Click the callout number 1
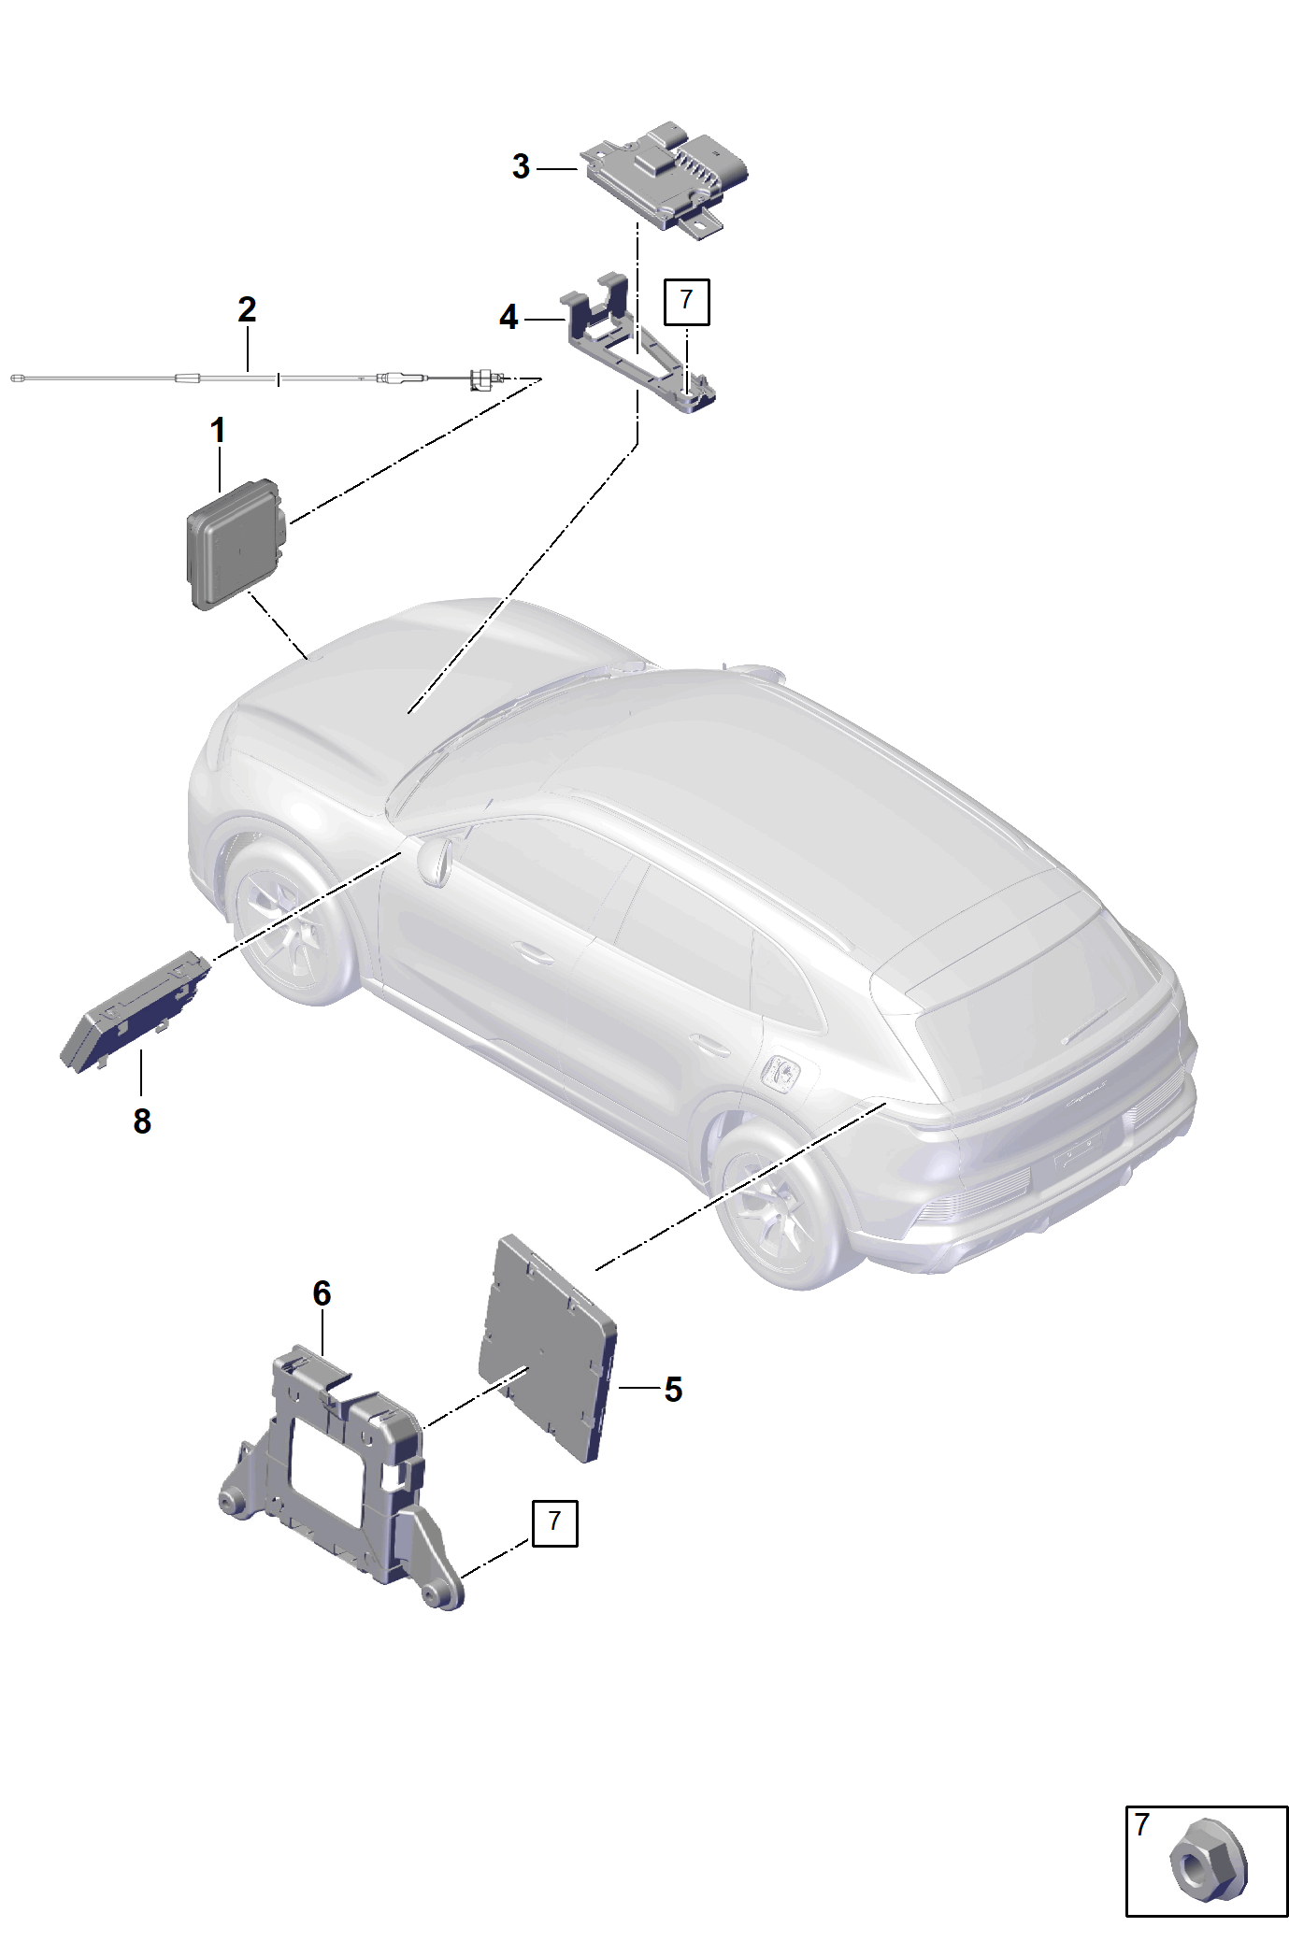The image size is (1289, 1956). point(218,431)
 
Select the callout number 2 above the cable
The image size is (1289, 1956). point(247,309)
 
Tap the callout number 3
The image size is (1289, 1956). point(521,166)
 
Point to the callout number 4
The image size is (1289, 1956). point(508,318)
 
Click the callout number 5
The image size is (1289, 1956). point(673,1390)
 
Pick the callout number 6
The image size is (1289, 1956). point(322,1293)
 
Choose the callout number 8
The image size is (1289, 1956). point(142,1121)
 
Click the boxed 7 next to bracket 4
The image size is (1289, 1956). point(687,301)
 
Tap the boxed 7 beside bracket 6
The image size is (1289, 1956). point(555,1523)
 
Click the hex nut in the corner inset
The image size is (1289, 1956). point(1208,1860)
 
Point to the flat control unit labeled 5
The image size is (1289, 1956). point(548,1348)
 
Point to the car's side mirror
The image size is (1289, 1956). point(436,859)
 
